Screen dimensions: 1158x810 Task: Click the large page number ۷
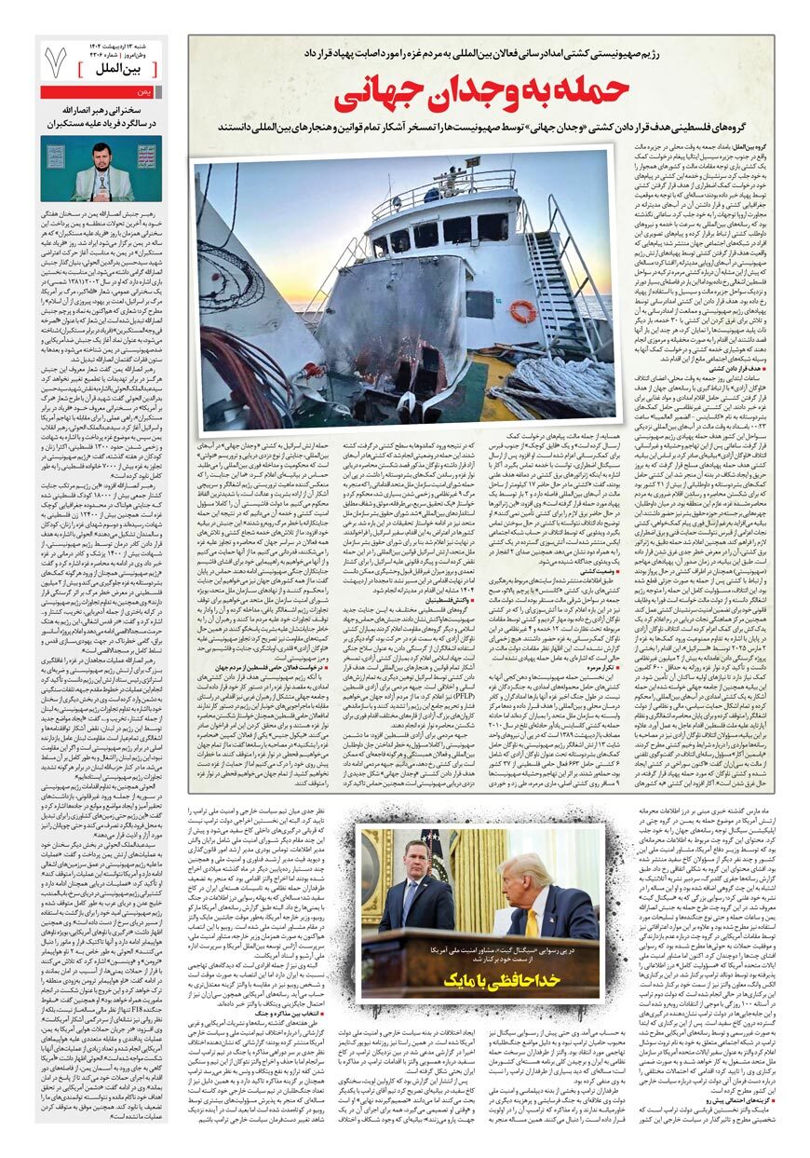(x=56, y=61)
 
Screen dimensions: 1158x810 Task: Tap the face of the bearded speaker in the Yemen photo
(x=100, y=155)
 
